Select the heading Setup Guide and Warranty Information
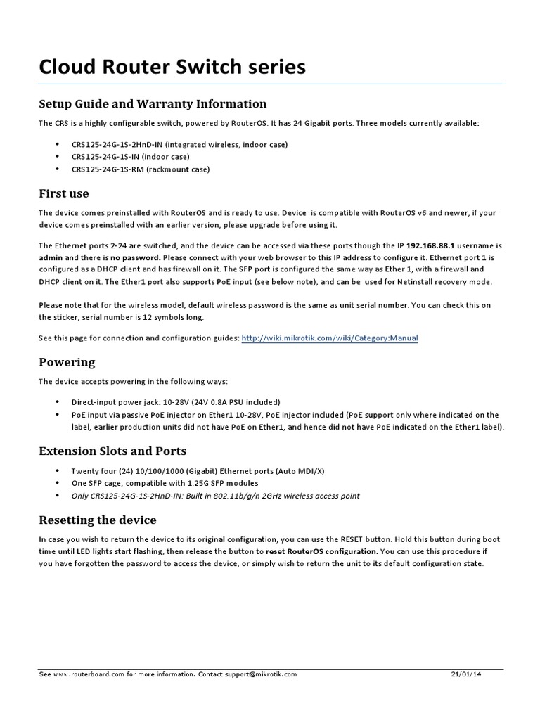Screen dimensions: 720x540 [x=153, y=104]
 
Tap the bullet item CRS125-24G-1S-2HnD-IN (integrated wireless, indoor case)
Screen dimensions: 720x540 [x=169, y=144]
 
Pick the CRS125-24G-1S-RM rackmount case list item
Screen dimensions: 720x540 [x=140, y=169]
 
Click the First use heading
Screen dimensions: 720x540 [x=63, y=193]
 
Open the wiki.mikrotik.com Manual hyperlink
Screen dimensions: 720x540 [x=329, y=338]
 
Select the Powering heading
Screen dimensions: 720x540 [x=66, y=363]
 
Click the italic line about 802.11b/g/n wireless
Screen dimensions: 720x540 [x=215, y=496]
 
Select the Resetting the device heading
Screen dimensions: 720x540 [x=97, y=520]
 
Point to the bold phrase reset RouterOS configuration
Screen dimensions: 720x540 [x=321, y=552]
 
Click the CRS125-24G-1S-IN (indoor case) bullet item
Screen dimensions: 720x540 [x=130, y=157]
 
